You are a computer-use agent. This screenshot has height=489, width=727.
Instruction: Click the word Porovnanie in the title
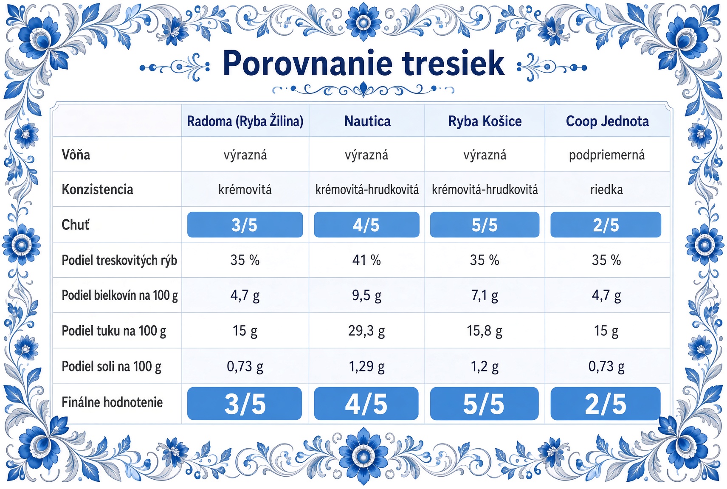(307, 63)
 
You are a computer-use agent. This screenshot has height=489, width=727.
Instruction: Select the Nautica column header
(367, 121)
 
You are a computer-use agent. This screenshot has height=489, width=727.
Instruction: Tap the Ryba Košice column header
(485, 121)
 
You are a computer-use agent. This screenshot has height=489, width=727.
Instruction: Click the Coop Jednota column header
(607, 121)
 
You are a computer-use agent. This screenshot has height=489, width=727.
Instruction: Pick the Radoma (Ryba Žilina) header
(245, 121)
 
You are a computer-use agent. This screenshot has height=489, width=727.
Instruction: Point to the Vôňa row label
(76, 155)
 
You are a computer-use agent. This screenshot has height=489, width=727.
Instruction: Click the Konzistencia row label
(97, 189)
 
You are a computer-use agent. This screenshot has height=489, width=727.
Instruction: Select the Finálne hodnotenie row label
(112, 402)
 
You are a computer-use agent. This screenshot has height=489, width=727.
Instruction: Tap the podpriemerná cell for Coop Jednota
(606, 155)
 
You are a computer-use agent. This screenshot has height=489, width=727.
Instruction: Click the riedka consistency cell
(606, 189)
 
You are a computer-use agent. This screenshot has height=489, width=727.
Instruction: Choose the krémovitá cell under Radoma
(245, 189)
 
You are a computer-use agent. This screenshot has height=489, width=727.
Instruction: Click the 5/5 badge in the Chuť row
(485, 225)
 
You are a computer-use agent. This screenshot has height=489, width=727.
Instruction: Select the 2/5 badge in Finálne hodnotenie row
(606, 404)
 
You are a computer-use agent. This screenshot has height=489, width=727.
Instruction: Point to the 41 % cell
(367, 260)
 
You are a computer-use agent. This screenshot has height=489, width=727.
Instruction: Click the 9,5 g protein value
(367, 295)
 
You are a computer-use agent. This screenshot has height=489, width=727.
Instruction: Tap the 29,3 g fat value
(367, 331)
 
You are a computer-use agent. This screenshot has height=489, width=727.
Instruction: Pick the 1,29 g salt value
(367, 366)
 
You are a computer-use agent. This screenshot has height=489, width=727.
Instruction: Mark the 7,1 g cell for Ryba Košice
(485, 295)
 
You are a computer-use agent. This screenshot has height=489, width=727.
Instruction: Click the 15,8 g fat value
(485, 331)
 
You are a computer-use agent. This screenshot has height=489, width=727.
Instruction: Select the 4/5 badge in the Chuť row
(367, 225)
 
